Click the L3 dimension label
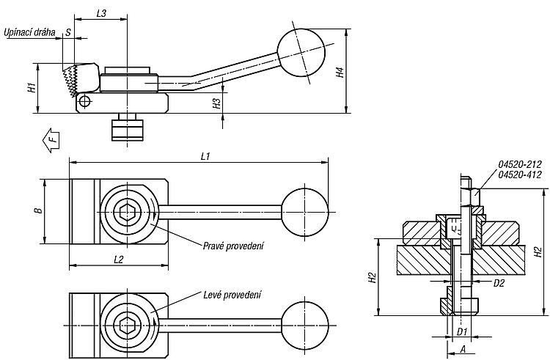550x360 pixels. point(101,13)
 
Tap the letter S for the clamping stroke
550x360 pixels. point(68,32)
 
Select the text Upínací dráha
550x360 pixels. point(29,32)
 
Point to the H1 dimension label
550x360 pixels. point(32,88)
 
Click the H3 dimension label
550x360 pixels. point(218,103)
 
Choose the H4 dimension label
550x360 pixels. point(340,72)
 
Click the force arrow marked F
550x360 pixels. point(51,140)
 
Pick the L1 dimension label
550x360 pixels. point(205,156)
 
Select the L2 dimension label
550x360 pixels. point(119,260)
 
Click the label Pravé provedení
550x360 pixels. point(233,246)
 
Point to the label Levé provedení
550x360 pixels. point(232,295)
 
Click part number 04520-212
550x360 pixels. point(520,164)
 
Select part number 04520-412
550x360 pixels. point(520,175)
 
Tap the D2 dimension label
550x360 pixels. point(499,283)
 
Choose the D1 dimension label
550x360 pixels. point(462,331)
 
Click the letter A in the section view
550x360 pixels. point(463,349)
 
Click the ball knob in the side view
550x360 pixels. point(301,53)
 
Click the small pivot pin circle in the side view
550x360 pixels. point(84,102)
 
